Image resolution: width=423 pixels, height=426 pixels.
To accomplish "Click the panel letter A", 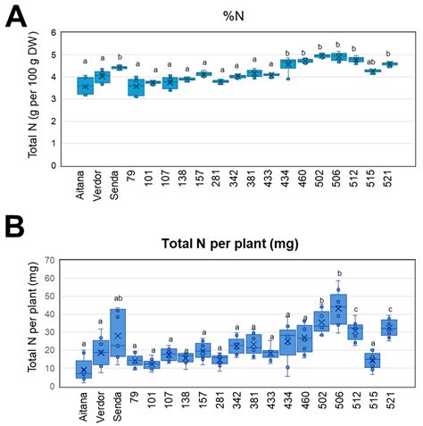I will pos(17,17).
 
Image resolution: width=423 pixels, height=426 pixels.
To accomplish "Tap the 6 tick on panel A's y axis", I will pos(56,33).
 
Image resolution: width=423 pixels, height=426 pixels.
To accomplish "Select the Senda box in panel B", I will pos(118,335).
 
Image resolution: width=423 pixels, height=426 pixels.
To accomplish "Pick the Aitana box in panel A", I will pos(85,86).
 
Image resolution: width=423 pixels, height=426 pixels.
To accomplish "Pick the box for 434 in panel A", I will pos(287,64).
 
